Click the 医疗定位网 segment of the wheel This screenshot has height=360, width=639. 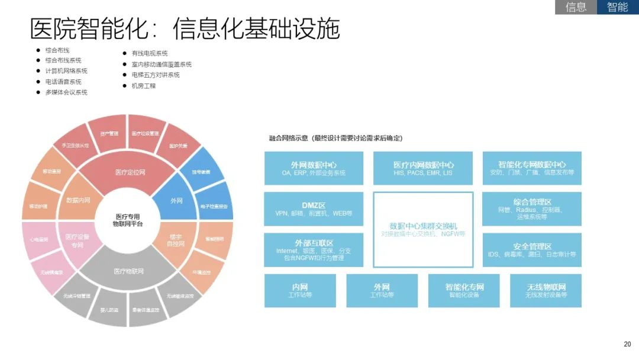(130, 172)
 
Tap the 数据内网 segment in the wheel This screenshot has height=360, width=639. (78, 201)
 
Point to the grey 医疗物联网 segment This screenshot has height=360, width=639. (128, 272)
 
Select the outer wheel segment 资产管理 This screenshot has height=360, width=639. (109, 134)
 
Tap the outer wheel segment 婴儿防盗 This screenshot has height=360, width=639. (108, 310)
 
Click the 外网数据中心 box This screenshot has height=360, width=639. (314, 168)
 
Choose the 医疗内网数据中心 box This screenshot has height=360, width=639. (423, 168)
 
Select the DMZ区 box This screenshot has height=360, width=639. (314, 208)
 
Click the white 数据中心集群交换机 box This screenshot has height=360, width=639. (423, 230)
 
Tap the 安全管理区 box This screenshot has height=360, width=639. (532, 250)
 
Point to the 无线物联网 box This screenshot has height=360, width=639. (546, 290)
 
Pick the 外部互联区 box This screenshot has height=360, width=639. (314, 250)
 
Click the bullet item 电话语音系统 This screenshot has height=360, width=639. (63, 82)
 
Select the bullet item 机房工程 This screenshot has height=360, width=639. (143, 86)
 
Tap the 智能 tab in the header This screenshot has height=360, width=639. (618, 7)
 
